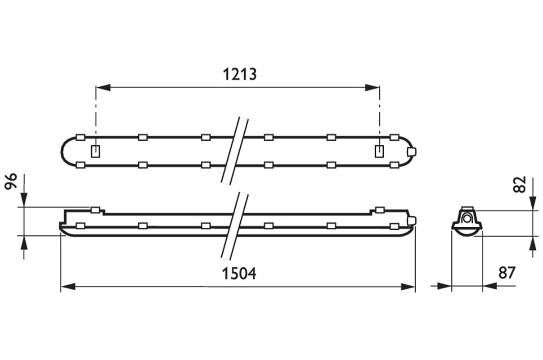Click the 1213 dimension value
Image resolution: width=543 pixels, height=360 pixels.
[x=239, y=74]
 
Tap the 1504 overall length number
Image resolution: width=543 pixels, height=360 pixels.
[x=239, y=274]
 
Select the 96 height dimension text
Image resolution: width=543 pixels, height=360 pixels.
[x=11, y=181]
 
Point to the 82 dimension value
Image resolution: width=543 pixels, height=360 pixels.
[x=520, y=184]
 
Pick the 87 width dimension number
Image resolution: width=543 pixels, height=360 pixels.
[x=507, y=273]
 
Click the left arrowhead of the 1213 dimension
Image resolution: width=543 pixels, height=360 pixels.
[x=103, y=87]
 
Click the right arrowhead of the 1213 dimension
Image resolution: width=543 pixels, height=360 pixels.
[x=372, y=87]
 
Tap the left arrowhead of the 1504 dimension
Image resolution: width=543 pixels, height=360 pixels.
[x=68, y=287]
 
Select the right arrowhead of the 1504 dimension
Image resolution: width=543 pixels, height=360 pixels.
[x=408, y=287]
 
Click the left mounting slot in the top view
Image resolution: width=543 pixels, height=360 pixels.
[x=95, y=151]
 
